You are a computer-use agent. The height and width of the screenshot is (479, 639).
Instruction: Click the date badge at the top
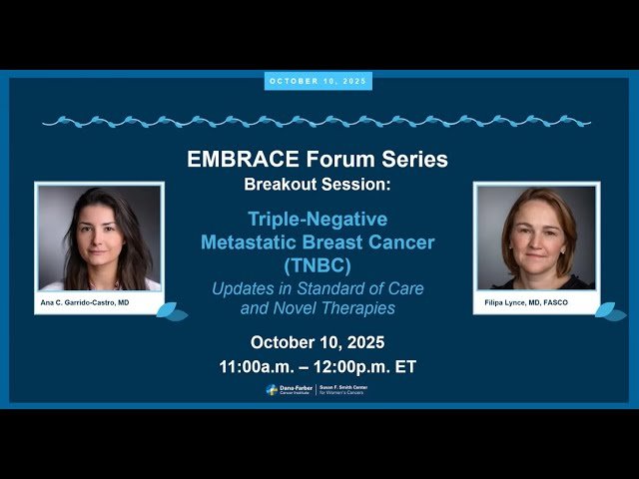click(318, 81)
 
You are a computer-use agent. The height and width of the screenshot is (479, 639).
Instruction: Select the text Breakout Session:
click(318, 185)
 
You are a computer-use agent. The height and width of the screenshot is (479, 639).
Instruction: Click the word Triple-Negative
click(317, 218)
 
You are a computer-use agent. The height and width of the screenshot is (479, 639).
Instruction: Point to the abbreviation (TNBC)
click(318, 265)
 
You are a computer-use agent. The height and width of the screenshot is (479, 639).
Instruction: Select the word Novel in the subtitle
click(297, 307)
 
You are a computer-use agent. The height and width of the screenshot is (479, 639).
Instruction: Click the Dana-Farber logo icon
click(272, 390)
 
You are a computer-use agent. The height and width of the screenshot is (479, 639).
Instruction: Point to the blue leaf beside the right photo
click(609, 311)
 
